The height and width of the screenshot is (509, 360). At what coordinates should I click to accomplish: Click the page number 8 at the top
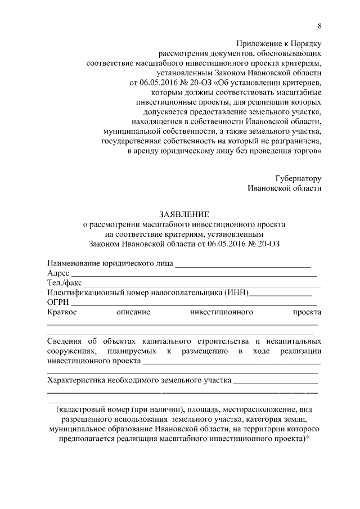319,26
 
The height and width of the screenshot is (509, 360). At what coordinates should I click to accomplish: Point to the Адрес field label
58,273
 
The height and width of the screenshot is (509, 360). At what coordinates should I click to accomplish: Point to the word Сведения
64,341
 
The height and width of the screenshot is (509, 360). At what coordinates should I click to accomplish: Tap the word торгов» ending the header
308,151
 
